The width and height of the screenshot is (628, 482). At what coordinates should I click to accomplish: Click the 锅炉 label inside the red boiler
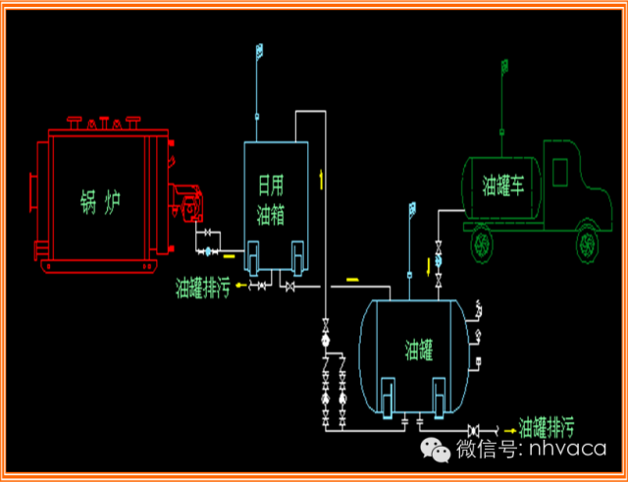99,203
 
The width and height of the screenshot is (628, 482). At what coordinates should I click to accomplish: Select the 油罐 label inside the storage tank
418,348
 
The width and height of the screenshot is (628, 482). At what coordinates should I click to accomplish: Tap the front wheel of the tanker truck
587,240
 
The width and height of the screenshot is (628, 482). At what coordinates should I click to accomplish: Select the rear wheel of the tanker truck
481,240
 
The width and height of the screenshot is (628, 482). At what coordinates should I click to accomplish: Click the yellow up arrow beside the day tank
321,179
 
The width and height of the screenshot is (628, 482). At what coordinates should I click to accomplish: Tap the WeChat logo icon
435,451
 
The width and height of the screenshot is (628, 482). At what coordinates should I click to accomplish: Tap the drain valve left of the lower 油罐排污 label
475,430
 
